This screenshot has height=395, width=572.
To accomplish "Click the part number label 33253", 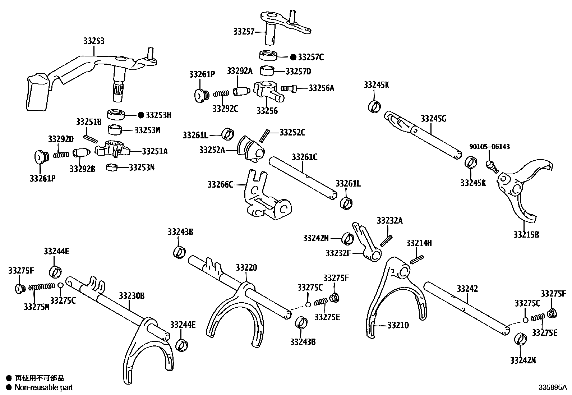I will click(x=94, y=41).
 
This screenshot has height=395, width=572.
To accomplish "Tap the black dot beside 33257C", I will click(x=293, y=57).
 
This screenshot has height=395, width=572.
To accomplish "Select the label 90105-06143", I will click(x=489, y=147).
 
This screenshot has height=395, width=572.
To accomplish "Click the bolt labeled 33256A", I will click(x=289, y=88).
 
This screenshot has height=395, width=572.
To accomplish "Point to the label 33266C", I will click(x=220, y=185).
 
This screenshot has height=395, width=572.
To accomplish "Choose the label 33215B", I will click(x=526, y=235).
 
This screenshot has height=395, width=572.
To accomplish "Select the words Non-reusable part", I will click(x=44, y=387).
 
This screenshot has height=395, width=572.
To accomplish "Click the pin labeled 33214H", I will click(x=416, y=259).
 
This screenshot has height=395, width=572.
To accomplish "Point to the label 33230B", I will click(x=132, y=296).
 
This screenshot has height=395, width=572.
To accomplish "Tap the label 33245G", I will click(x=434, y=119).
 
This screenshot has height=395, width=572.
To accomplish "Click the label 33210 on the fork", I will click(x=398, y=325).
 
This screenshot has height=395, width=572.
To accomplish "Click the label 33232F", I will click(x=338, y=253).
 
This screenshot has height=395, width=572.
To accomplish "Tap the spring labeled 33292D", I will click(x=61, y=155).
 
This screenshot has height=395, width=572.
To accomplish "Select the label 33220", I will click(x=246, y=267).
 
